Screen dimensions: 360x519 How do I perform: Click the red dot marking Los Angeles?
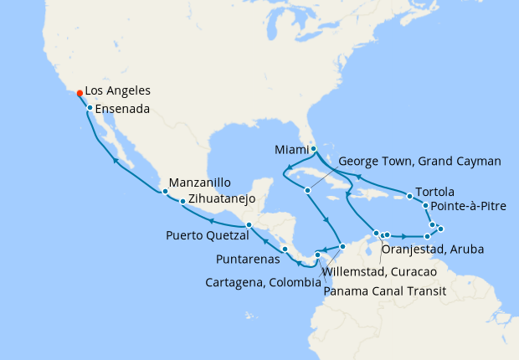[x=79, y=93]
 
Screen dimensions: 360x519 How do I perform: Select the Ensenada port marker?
[x=90, y=107]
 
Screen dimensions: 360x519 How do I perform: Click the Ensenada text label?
[x=123, y=109]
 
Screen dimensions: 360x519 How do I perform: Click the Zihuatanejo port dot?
[x=182, y=202]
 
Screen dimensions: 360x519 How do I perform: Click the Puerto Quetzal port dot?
[x=249, y=225]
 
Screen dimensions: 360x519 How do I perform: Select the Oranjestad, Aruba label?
[x=431, y=249]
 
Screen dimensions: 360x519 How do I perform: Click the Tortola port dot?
[x=409, y=197]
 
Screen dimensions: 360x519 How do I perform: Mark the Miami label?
[x=291, y=150]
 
